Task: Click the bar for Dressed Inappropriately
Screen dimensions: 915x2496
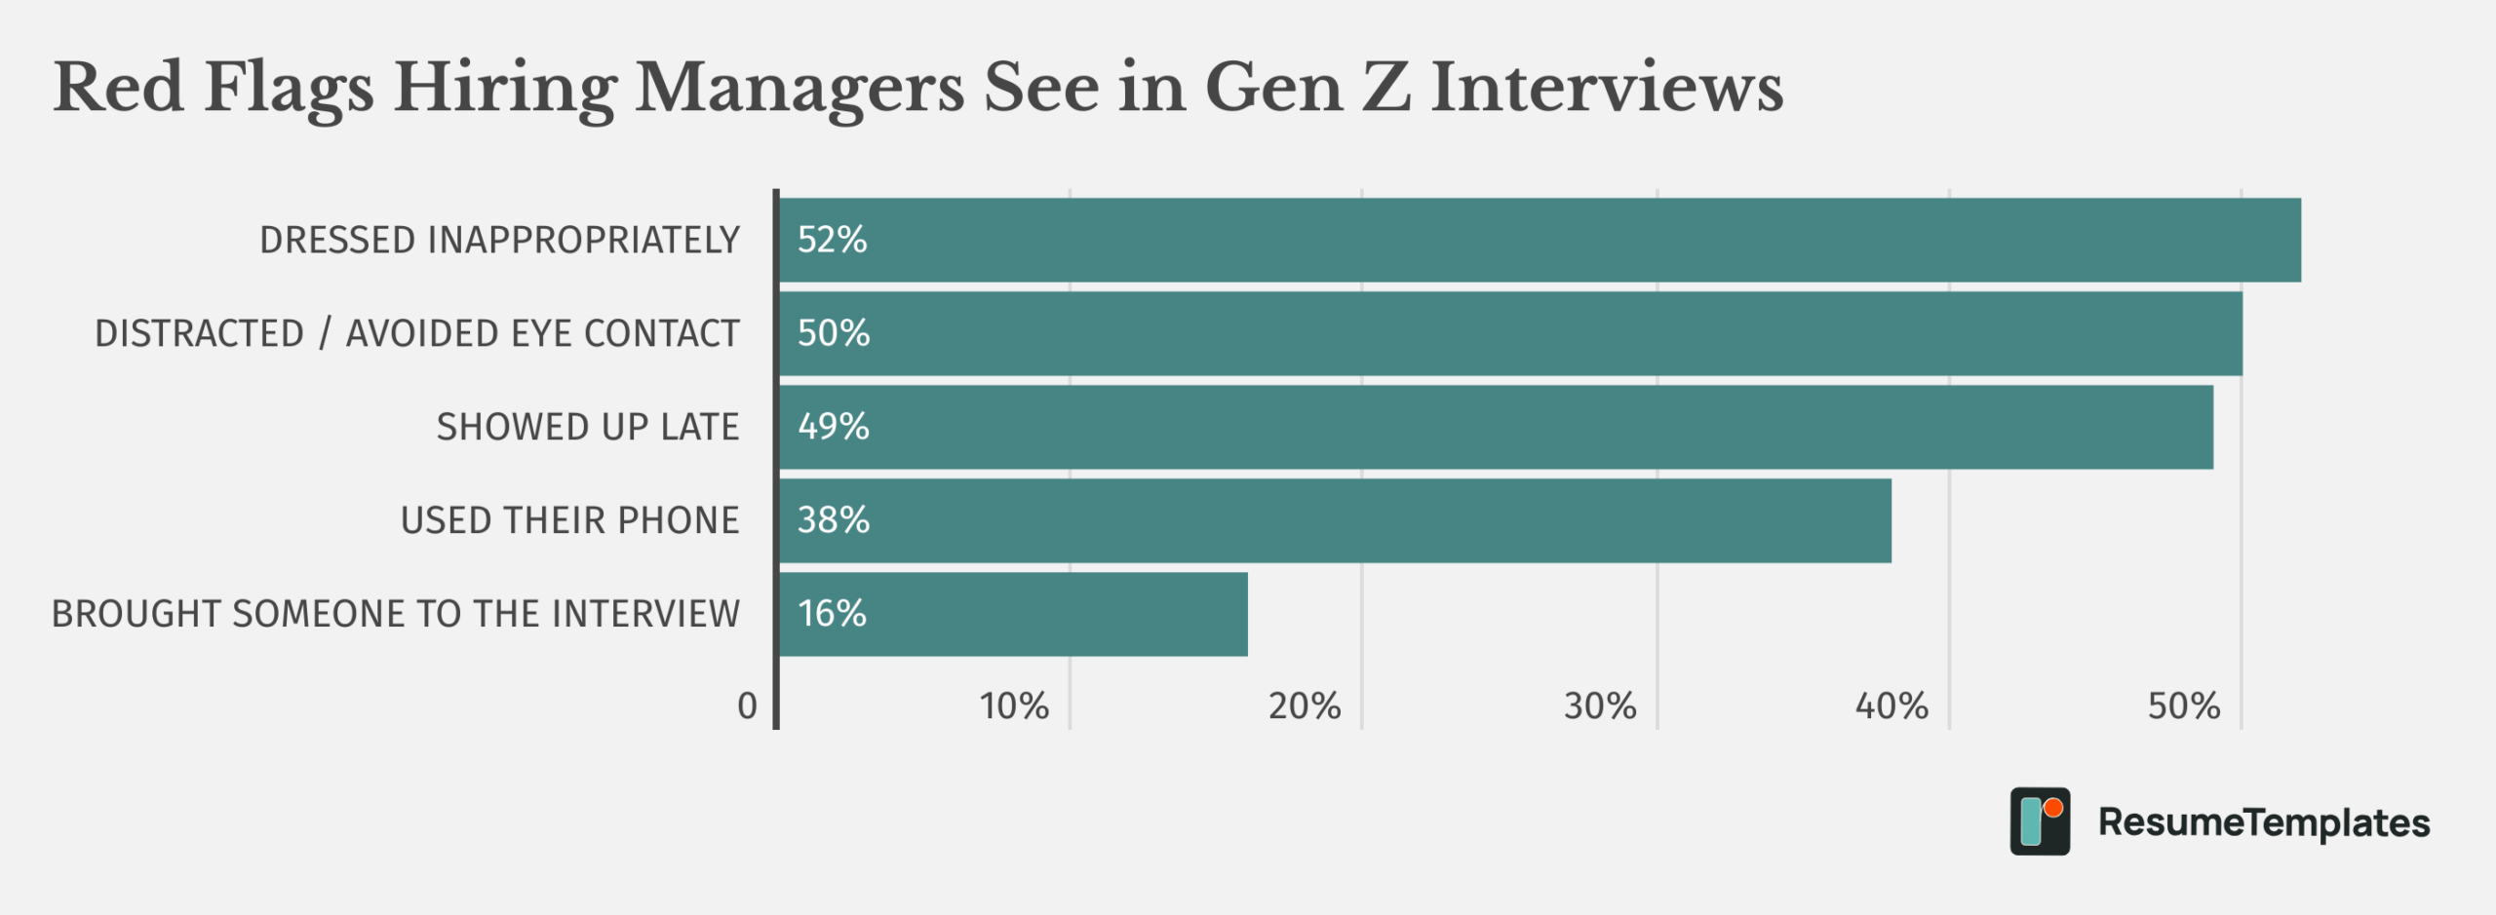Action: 1540,240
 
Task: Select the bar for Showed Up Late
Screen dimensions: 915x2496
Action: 1497,427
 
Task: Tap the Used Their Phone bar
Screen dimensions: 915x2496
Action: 1336,520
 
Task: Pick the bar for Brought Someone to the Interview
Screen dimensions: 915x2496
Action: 1014,614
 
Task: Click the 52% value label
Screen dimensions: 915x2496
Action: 832,240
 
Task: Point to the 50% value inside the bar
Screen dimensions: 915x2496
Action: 834,333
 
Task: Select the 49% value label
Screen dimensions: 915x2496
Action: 834,427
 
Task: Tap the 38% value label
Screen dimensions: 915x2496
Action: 834,520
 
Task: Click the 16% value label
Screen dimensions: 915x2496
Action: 832,614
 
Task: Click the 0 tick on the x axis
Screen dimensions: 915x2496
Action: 747,706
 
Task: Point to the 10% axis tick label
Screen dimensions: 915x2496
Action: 1014,706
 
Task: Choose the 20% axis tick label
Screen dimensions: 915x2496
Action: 1305,706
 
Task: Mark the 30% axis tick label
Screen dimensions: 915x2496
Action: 1600,706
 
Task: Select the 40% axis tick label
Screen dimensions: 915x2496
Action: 1891,706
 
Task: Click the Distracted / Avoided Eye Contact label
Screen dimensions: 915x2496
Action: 416,334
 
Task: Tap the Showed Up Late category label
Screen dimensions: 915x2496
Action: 587,428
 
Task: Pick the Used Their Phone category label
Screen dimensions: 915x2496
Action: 569,521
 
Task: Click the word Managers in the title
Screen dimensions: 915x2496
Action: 799,88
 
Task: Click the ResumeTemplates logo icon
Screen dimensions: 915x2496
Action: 2040,821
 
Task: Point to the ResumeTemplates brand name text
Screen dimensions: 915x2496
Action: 2264,823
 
